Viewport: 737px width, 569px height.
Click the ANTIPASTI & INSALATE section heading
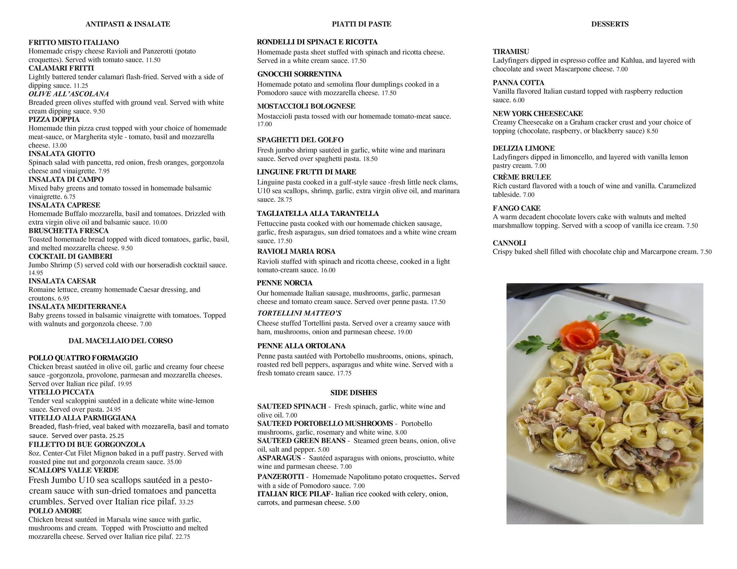tap(128, 24)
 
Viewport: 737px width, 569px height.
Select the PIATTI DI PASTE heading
tap(361, 24)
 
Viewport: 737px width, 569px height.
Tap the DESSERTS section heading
tap(610, 24)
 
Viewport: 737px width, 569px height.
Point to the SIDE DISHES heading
tap(353, 393)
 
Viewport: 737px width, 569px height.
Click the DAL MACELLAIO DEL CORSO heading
tap(121, 341)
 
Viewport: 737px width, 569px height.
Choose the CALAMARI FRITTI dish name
tap(61, 68)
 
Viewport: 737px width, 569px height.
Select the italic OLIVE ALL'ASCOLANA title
tap(69, 94)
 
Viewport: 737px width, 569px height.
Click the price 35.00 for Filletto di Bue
tap(174, 462)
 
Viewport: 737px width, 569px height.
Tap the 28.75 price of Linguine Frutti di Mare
tap(285, 200)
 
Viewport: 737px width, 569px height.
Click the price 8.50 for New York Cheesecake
tap(652, 131)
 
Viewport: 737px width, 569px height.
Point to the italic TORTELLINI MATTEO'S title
tap(299, 313)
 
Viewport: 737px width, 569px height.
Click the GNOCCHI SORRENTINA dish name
tap(299, 74)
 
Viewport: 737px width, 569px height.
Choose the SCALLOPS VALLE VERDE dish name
tap(73, 470)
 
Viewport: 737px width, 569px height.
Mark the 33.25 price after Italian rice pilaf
tap(186, 502)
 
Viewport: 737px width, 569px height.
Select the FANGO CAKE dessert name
tap(516, 208)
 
